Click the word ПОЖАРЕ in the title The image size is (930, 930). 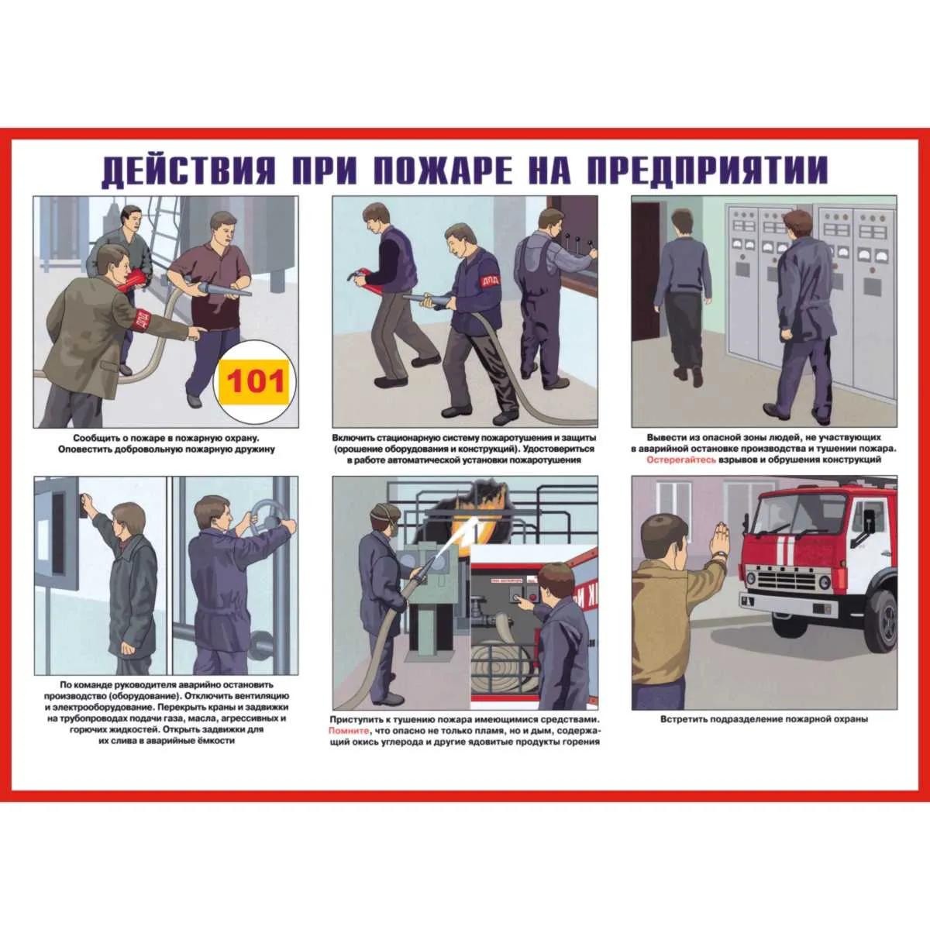(443, 170)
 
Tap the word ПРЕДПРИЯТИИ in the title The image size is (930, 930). (708, 170)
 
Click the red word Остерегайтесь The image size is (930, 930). (681, 460)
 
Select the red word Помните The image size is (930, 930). (349, 731)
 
